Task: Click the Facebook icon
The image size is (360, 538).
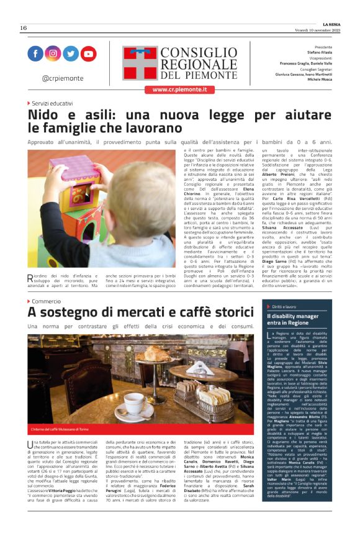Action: click(36, 54)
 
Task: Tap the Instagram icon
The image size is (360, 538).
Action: click(53, 54)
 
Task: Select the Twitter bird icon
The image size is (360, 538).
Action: click(71, 54)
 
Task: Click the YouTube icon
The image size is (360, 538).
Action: click(89, 54)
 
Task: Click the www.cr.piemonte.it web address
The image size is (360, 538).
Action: click(179, 89)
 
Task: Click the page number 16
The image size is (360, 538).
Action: click(24, 28)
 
